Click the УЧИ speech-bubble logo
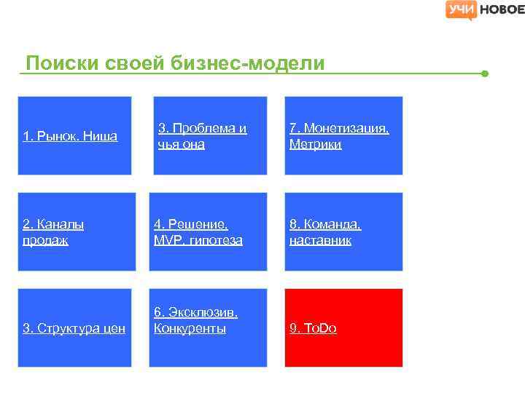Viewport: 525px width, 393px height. point(461,9)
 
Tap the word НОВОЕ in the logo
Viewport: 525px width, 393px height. point(501,9)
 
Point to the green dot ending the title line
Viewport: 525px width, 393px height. point(485,74)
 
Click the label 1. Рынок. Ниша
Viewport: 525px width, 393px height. point(70,136)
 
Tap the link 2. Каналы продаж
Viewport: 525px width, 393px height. point(53,232)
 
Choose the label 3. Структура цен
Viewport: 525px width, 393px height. point(74,328)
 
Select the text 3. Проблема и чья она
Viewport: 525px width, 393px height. point(202,136)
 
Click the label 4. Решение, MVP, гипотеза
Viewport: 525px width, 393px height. point(198,232)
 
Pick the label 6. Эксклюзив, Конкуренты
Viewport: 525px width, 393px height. point(195,320)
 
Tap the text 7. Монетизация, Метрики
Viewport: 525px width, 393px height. point(339,136)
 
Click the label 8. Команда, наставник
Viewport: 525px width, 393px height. point(325,232)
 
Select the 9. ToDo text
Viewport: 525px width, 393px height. point(313,328)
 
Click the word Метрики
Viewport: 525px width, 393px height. point(315,144)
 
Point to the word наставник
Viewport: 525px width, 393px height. point(320,240)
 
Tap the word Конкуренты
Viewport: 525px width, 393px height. point(190,328)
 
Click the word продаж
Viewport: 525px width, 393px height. point(45,240)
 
